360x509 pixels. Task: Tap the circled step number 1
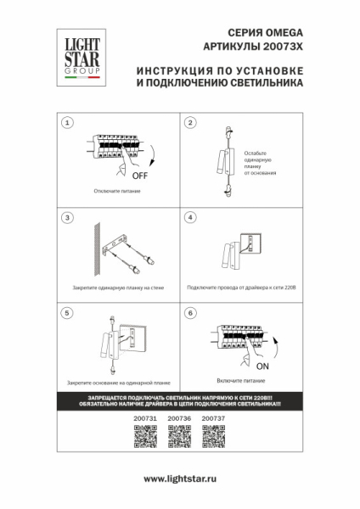pyautogui.click(x=66, y=123)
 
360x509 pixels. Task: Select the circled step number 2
pyautogui.click(x=190, y=123)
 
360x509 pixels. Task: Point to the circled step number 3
pyautogui.click(x=66, y=218)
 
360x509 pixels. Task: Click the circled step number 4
pyautogui.click(x=190, y=218)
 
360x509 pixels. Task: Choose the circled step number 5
pyautogui.click(x=66, y=313)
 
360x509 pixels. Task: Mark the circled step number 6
pyautogui.click(x=190, y=313)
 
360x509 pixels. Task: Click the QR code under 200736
pyautogui.click(x=179, y=437)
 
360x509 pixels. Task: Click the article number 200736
pyautogui.click(x=179, y=418)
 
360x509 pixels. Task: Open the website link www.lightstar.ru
pyautogui.click(x=180, y=479)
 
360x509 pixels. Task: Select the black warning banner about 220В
pyautogui.click(x=179, y=401)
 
